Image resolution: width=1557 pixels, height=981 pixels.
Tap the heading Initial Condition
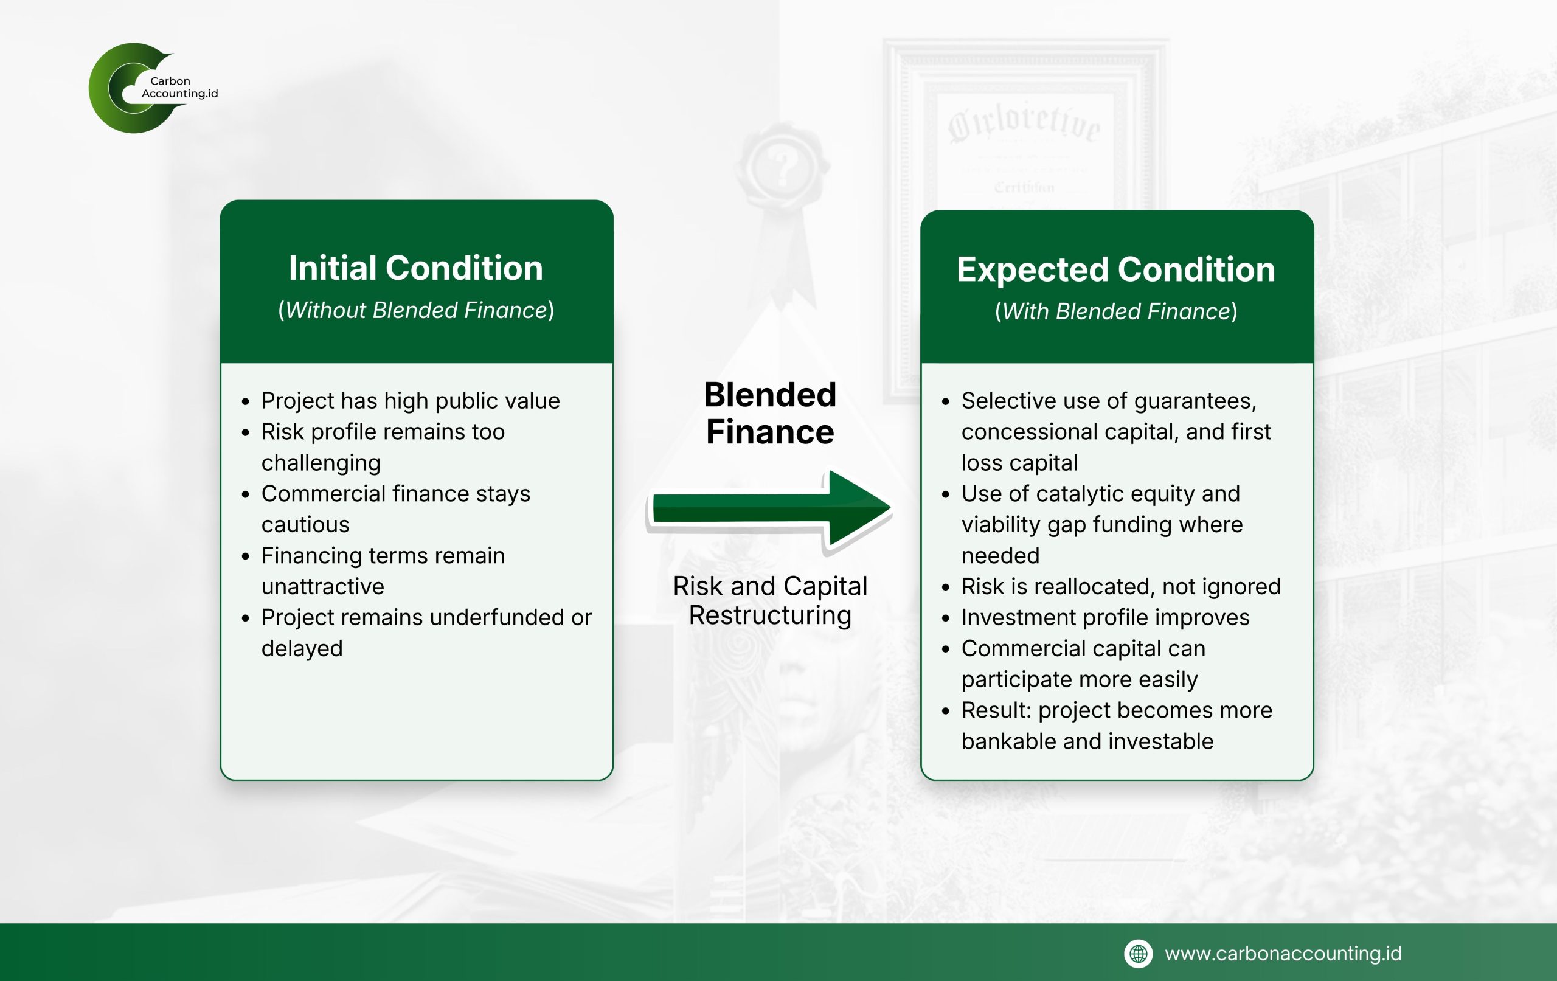416,268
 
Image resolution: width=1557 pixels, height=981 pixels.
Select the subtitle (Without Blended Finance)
416,310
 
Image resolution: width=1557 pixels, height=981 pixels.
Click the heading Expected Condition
1116,269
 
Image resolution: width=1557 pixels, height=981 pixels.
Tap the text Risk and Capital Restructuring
770,600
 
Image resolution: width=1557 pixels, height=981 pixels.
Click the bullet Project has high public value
411,401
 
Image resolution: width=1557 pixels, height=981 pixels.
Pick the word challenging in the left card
321,463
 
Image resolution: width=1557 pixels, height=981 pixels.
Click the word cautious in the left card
305,524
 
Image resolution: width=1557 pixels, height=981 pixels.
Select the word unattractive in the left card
322,586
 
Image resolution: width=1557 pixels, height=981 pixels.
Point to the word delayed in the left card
302,648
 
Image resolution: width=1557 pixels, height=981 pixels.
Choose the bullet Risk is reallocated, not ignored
1120,586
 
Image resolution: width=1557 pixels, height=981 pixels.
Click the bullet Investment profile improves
1105,617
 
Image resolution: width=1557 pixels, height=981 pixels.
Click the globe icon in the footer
1138,953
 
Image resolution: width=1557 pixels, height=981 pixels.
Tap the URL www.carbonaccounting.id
1283,953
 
